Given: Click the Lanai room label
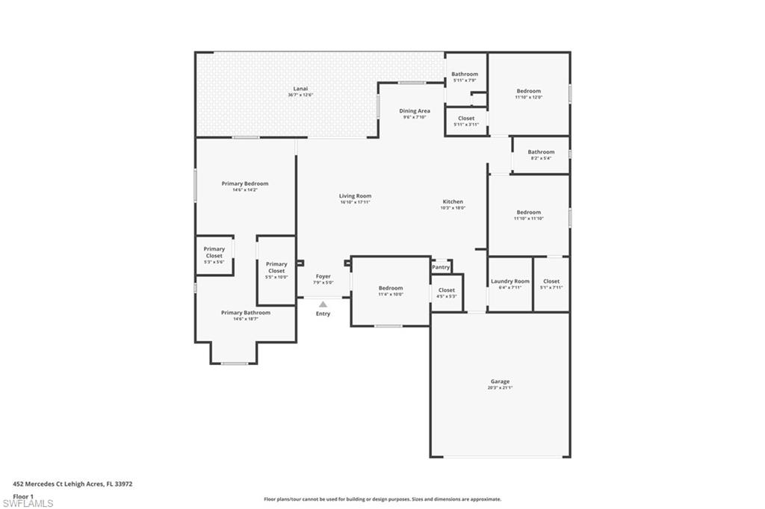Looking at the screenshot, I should (x=300, y=89).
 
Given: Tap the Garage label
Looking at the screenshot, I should (x=500, y=381).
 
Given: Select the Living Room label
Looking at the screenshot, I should (x=355, y=196).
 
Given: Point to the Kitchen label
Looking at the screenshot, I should (x=453, y=202).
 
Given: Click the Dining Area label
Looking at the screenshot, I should (x=414, y=111).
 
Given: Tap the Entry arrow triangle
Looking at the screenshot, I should (x=323, y=304).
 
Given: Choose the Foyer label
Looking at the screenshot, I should (x=323, y=276).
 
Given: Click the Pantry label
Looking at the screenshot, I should (x=441, y=267).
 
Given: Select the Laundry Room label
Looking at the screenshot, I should (x=510, y=281).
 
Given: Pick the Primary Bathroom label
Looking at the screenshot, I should (x=246, y=313).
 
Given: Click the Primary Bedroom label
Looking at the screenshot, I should (x=244, y=184).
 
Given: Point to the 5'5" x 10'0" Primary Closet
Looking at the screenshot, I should (x=276, y=269).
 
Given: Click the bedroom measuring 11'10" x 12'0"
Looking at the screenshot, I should (x=528, y=93).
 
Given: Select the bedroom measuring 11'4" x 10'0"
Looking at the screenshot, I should (x=390, y=290).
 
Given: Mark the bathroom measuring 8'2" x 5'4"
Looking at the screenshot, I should (x=541, y=154).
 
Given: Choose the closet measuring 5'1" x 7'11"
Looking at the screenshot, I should (x=551, y=284).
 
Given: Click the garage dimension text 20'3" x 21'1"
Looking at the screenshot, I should (x=500, y=388).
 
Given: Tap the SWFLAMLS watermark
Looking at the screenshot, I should (x=28, y=503).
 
